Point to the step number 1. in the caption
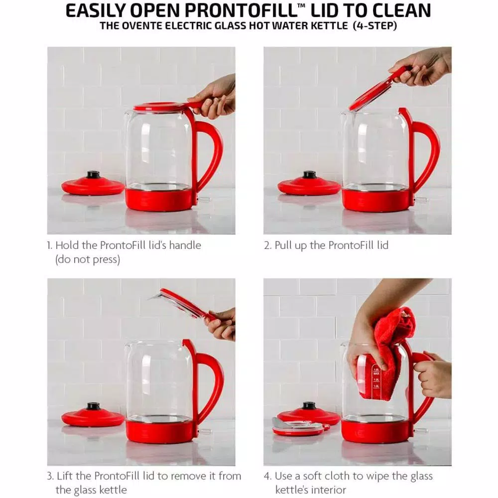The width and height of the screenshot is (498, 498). point(49,245)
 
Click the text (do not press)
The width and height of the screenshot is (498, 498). point(88,259)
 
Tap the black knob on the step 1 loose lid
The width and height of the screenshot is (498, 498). point(93,175)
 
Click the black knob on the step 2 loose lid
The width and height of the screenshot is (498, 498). point(309,175)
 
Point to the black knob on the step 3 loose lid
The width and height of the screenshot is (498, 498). point(93,406)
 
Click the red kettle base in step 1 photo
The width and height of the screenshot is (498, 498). point(159,199)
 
